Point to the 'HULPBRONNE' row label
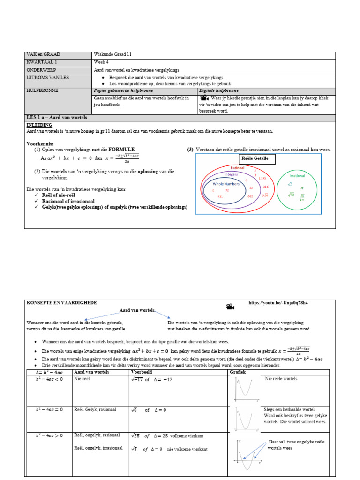43,90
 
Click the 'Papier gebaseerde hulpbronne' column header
123,90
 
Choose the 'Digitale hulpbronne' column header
219,90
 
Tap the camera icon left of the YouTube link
230,307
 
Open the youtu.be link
278,303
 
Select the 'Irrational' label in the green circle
297,176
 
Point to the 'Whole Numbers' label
226,184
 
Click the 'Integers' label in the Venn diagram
231,174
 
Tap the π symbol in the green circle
302,187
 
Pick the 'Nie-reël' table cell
82,379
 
